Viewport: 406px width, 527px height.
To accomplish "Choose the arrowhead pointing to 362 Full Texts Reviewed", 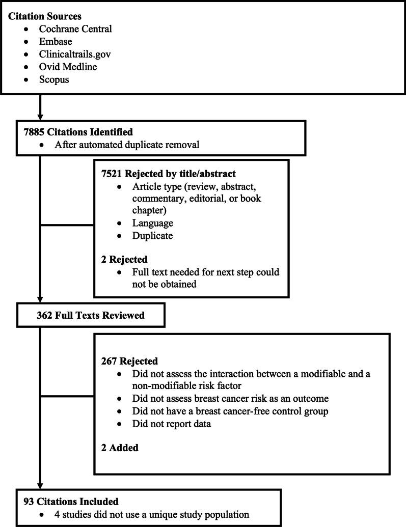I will pyautogui.click(x=40, y=299).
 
